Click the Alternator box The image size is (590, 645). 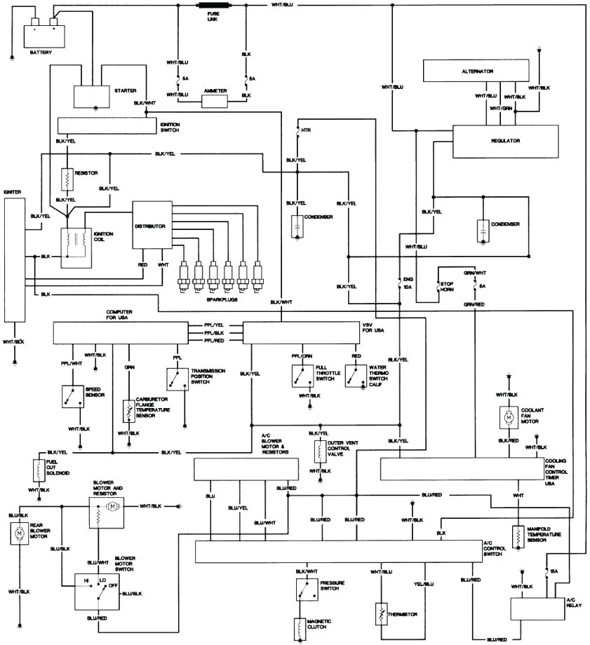tap(477, 72)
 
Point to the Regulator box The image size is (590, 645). tap(505, 141)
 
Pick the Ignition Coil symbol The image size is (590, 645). tap(72, 246)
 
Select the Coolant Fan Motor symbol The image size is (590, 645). tap(507, 417)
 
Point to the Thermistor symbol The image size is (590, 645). tap(381, 615)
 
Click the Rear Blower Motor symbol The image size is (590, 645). tap(19, 535)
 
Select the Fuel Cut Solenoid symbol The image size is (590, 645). tap(36, 470)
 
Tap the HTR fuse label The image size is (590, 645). tap(305, 131)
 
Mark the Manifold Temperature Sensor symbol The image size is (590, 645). tap(518, 536)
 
